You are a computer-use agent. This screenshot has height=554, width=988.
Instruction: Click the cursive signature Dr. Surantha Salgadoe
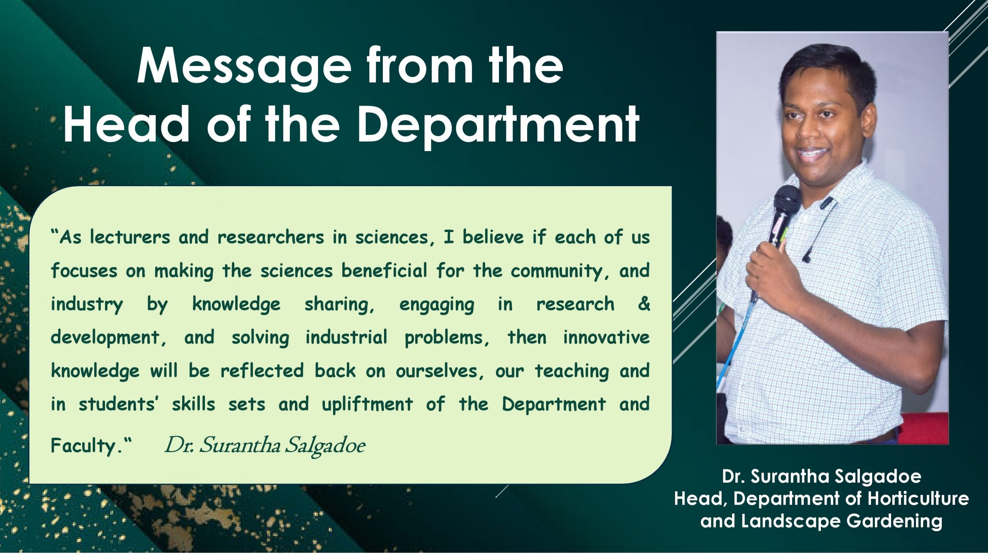[265, 446]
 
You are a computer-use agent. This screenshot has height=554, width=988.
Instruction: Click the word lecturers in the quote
[130, 237]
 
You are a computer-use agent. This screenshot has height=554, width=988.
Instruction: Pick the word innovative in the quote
[606, 338]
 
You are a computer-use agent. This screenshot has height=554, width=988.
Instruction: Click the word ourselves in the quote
[440, 371]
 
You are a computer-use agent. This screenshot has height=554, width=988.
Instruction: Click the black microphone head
[787, 200]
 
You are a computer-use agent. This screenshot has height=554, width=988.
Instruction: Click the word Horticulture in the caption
[918, 499]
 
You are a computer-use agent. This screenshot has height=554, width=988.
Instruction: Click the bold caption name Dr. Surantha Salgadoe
[822, 477]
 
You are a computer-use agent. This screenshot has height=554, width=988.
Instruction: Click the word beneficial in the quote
[384, 271]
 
